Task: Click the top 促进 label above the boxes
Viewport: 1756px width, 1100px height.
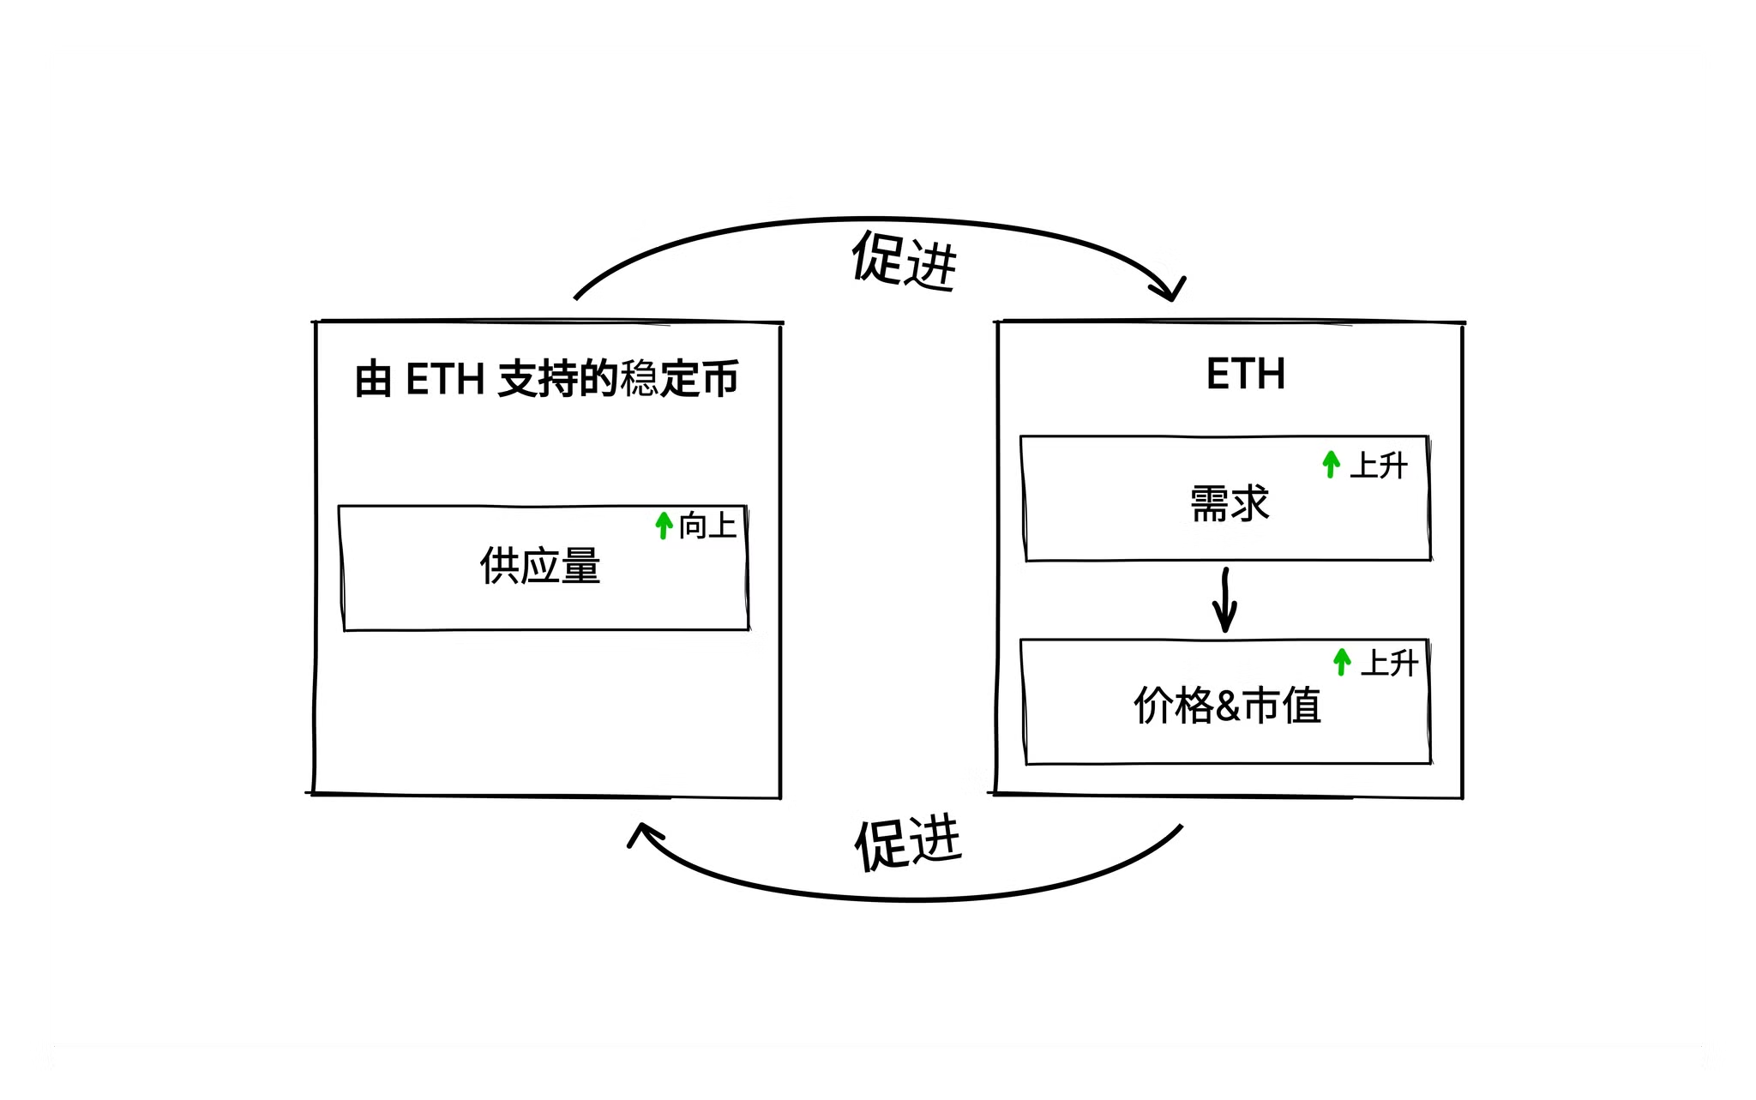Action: (x=903, y=260)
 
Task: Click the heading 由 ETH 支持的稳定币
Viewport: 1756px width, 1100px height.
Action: (x=546, y=379)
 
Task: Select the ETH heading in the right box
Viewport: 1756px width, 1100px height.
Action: (x=1245, y=375)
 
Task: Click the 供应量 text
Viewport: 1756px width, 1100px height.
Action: (x=540, y=567)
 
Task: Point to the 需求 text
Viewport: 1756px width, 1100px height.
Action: (x=1229, y=504)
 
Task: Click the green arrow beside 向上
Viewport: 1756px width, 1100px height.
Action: (x=663, y=525)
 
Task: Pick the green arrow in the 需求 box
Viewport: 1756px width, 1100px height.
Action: (x=1331, y=464)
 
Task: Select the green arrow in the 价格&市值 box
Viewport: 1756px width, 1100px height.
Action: (x=1342, y=661)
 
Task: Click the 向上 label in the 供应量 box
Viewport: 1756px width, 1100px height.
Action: (x=707, y=526)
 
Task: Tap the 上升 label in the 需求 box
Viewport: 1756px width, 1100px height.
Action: (x=1379, y=466)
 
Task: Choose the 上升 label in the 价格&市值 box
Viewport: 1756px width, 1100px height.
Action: (x=1389, y=663)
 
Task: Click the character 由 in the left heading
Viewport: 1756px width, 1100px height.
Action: (x=373, y=380)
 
